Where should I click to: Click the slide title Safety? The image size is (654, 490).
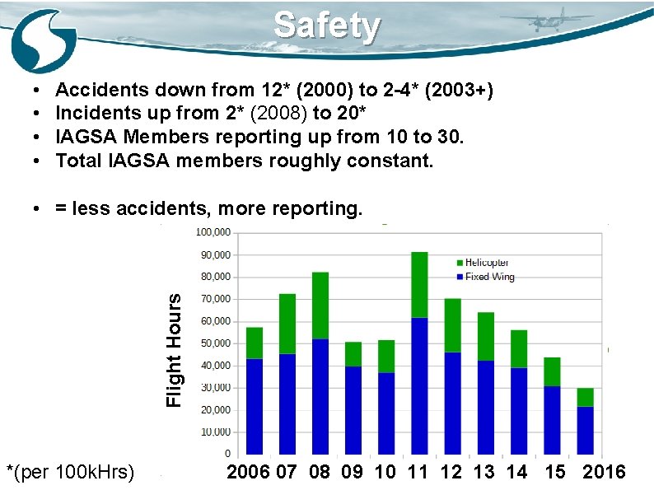pyautogui.click(x=327, y=26)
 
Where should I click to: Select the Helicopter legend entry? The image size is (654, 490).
pyautogui.click(x=486, y=263)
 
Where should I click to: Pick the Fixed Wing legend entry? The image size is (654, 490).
pyautogui.click(x=488, y=277)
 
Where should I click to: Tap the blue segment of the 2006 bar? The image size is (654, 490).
pyautogui.click(x=255, y=406)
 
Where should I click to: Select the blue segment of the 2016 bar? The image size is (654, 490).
pyautogui.click(x=585, y=430)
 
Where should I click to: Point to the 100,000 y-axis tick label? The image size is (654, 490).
pyautogui.click(x=213, y=233)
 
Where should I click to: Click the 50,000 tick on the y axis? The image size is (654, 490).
pyautogui.click(x=215, y=343)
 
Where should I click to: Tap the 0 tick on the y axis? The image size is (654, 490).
pyautogui.click(x=227, y=454)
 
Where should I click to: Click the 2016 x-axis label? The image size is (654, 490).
pyautogui.click(x=603, y=473)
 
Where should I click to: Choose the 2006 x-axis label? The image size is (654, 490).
pyautogui.click(x=248, y=473)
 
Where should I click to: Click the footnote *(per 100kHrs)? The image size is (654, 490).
pyautogui.click(x=70, y=473)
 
